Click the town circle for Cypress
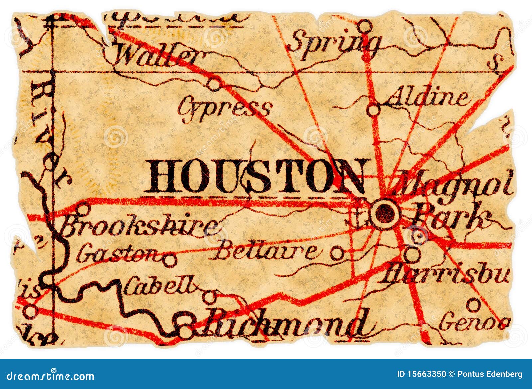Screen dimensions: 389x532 (215, 84)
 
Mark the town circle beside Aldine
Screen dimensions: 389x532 (373, 110)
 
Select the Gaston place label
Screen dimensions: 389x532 (118, 255)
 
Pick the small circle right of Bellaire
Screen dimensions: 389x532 (336, 254)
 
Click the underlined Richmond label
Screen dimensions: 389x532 (286, 322)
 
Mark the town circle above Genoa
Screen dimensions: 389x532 (473, 304)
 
